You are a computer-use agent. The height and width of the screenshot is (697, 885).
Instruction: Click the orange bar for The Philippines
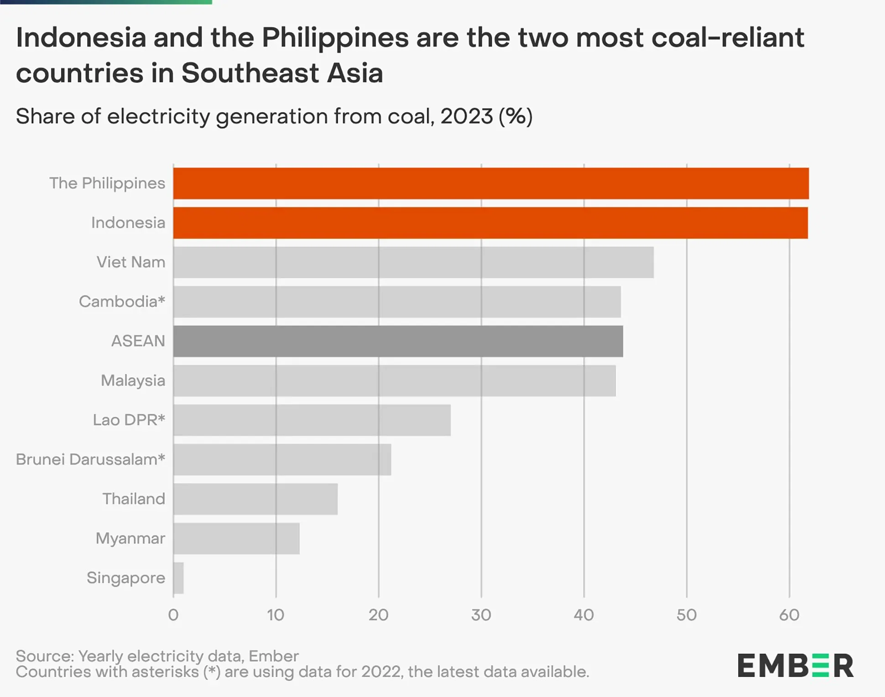(490, 183)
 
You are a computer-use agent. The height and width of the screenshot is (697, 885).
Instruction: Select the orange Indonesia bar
(490, 223)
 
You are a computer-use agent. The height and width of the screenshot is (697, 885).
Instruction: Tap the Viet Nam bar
(413, 262)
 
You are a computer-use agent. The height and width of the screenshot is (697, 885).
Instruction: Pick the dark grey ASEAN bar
(398, 341)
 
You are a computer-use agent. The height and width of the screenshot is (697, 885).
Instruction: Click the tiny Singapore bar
(178, 578)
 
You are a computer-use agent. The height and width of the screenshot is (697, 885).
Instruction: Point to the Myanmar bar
(236, 539)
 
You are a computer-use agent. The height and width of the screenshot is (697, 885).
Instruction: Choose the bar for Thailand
(255, 499)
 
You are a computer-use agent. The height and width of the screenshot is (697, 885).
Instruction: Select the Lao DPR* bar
(312, 420)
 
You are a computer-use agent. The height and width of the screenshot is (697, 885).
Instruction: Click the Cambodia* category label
(122, 302)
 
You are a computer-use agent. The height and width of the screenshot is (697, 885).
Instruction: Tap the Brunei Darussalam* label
(90, 459)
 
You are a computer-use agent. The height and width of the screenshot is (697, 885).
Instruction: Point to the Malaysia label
(133, 380)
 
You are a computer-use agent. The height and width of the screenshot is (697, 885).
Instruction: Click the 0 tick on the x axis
(173, 615)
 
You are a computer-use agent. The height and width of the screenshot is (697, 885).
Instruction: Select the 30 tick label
(481, 615)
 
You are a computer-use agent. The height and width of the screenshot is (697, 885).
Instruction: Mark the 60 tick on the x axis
(789, 615)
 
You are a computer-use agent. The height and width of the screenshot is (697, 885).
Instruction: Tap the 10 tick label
(276, 615)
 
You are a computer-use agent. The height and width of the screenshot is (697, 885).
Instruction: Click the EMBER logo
(796, 666)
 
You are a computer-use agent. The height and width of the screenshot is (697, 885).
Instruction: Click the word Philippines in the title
(335, 38)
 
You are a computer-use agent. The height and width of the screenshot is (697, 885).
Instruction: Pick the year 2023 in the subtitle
(466, 116)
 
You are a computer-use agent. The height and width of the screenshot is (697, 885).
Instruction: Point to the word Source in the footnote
(44, 656)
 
